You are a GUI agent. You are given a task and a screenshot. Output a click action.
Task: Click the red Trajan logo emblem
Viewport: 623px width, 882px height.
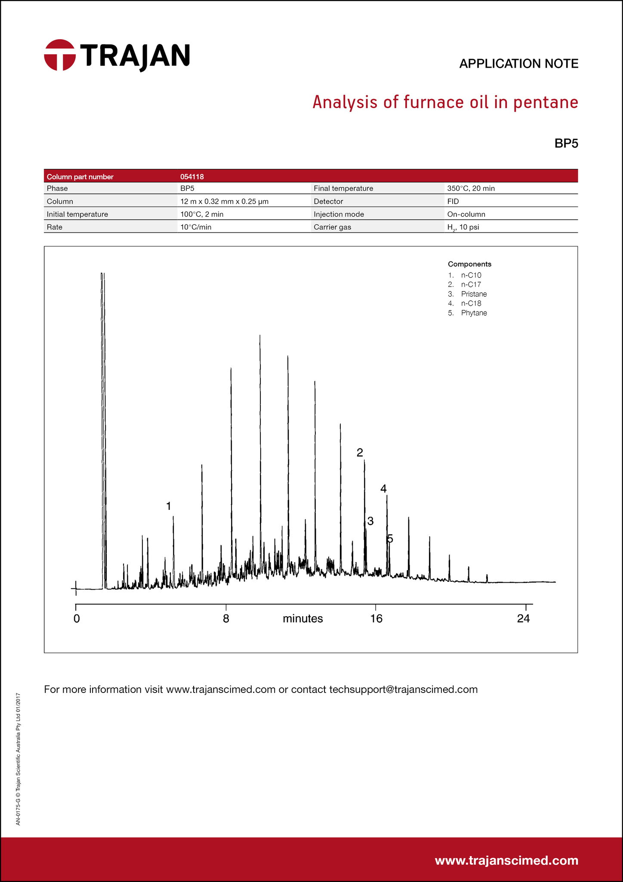coord(60,55)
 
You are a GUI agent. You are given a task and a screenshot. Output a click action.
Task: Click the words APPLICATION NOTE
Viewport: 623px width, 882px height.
coord(518,64)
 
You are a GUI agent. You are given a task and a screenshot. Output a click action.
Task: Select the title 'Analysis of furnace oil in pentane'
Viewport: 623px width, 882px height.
coord(445,102)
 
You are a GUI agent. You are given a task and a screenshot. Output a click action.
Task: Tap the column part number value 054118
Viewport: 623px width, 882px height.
coord(192,177)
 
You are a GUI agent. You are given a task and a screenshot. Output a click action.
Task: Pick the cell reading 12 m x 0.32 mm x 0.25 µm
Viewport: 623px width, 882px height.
coord(224,202)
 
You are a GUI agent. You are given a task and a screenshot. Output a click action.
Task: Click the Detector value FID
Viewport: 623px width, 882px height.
coord(453,202)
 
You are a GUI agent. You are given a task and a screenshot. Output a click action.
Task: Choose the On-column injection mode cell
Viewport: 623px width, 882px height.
coord(466,214)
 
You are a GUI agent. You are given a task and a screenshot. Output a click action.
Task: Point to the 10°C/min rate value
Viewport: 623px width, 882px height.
coord(196,227)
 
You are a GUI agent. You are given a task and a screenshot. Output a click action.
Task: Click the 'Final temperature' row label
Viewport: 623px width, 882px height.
coord(343,189)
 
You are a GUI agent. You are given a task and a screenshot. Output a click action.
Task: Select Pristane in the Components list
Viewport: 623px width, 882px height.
coord(474,294)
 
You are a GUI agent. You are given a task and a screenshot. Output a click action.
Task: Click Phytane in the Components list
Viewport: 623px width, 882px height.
coord(474,313)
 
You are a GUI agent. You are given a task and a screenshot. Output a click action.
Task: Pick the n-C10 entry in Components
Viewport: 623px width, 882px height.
coord(471,275)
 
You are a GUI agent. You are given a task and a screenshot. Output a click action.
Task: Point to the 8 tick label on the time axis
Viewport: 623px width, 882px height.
coord(226,619)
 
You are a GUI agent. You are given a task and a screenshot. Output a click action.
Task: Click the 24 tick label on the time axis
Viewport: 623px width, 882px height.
coord(524,619)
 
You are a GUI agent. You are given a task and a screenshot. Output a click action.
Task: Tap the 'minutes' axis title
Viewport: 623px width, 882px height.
coord(302,619)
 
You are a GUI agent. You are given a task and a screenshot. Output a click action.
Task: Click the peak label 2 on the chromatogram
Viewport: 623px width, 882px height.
coord(360,453)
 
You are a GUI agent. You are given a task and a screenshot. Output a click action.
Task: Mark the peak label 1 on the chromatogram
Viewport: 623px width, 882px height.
coord(169,506)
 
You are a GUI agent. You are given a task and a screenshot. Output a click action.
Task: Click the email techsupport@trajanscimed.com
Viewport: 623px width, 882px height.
coord(403,689)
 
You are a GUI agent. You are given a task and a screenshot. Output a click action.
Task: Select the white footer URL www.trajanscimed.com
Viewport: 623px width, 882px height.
coord(506,860)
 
